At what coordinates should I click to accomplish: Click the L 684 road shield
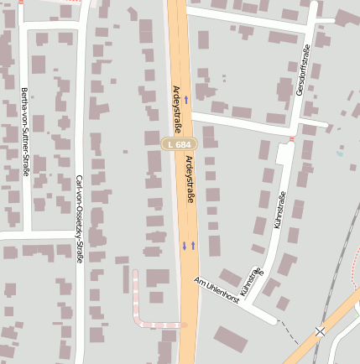(x=179, y=144)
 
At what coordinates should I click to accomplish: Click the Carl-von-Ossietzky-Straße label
(x=80, y=219)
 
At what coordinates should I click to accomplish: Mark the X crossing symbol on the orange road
(x=320, y=332)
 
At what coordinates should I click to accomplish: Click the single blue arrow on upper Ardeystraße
(x=186, y=99)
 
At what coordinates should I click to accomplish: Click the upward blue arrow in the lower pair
(x=193, y=245)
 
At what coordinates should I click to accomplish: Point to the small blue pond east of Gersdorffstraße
(x=339, y=153)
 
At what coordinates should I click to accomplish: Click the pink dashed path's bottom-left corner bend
(x=138, y=321)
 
